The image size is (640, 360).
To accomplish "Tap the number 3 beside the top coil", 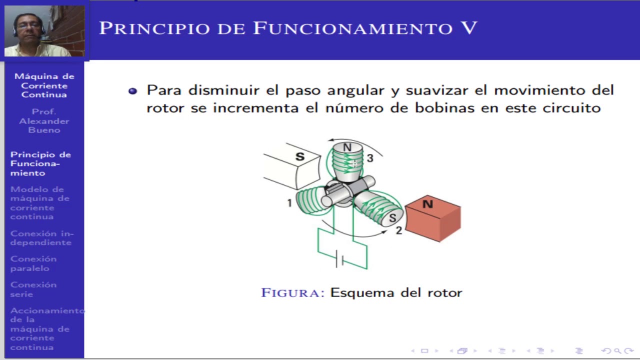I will pyautogui.click(x=370, y=158).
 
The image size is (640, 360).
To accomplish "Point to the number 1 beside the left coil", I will pyautogui.click(x=289, y=203).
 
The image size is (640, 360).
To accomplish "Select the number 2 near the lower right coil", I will pyautogui.click(x=398, y=230).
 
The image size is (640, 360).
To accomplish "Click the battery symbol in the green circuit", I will pyautogui.click(x=340, y=258).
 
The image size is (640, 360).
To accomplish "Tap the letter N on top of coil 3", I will pyautogui.click(x=347, y=147).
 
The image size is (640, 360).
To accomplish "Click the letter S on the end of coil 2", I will pyautogui.click(x=392, y=218).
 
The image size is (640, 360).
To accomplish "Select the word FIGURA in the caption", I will pyautogui.click(x=293, y=292).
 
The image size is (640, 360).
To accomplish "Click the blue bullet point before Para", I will pyautogui.click(x=132, y=91).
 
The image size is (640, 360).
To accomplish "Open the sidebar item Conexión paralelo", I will pyautogui.click(x=33, y=263).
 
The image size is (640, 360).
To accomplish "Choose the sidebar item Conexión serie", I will pyautogui.click(x=33, y=289).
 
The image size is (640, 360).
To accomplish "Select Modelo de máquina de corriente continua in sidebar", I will pyautogui.click(x=39, y=203).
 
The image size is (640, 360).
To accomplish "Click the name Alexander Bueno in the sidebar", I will pyautogui.click(x=44, y=125).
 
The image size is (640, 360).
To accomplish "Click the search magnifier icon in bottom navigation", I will pyautogui.click(x=617, y=351).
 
